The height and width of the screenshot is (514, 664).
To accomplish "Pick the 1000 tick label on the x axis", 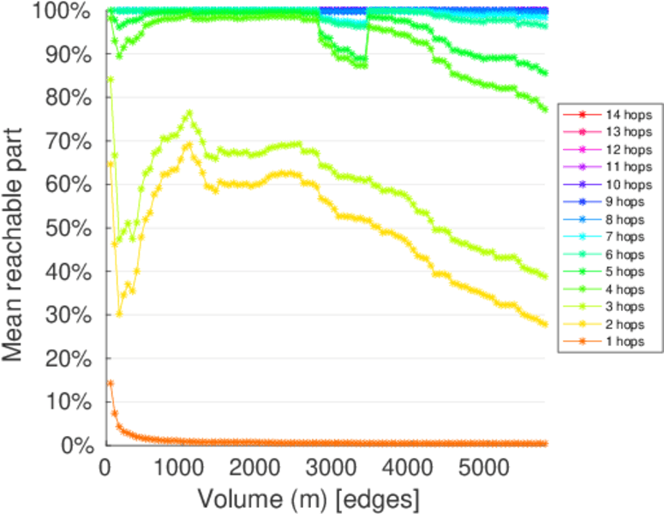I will pyautogui.click(x=179, y=469).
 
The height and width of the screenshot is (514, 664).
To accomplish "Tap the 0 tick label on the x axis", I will pyautogui.click(x=105, y=469).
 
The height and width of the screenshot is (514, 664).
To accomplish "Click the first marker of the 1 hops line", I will pyautogui.click(x=110, y=383).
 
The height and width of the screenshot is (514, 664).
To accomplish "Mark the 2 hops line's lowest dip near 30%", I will pyautogui.click(x=119, y=314).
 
